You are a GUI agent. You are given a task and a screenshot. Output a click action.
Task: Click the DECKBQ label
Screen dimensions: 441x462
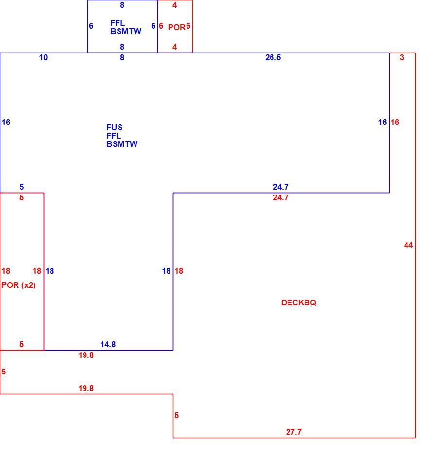click(x=299, y=302)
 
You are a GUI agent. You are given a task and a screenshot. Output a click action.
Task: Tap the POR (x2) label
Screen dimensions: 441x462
click(x=18, y=285)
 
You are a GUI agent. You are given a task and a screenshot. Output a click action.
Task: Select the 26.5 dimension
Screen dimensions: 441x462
click(x=273, y=57)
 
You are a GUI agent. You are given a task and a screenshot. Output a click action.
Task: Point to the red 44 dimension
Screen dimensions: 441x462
click(x=408, y=245)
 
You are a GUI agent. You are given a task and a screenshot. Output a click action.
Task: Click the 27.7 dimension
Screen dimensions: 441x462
click(x=294, y=432)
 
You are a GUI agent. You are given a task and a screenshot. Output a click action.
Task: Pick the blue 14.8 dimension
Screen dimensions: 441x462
click(x=108, y=344)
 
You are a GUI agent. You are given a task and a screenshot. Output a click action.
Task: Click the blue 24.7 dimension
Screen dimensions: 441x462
click(x=281, y=187)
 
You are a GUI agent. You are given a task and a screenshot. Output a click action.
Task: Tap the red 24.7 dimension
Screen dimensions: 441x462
click(x=281, y=198)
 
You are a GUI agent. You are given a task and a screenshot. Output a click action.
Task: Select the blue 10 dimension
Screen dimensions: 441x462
click(x=43, y=57)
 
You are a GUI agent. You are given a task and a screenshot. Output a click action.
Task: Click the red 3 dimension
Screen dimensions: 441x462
click(x=402, y=57)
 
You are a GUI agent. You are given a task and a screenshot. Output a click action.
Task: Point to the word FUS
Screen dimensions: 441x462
click(x=115, y=127)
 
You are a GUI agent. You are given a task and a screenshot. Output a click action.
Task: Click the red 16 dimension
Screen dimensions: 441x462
click(x=395, y=122)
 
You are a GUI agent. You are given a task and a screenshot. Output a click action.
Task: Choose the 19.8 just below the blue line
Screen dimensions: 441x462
click(x=86, y=355)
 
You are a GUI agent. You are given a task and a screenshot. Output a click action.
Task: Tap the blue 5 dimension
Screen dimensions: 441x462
click(x=22, y=187)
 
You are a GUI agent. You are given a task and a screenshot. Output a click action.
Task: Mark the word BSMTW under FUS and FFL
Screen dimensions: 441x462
click(x=122, y=144)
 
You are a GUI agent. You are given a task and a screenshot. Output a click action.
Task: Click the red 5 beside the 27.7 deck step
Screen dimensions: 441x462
click(x=176, y=415)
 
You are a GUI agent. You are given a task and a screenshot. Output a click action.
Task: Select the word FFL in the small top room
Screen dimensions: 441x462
click(x=118, y=23)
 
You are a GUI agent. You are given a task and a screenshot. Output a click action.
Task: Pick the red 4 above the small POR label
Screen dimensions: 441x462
click(x=175, y=5)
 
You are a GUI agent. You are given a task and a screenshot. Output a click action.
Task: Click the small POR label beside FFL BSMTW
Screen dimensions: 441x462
click(x=176, y=27)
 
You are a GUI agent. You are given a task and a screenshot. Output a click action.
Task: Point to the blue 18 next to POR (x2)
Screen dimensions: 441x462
click(x=50, y=271)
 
